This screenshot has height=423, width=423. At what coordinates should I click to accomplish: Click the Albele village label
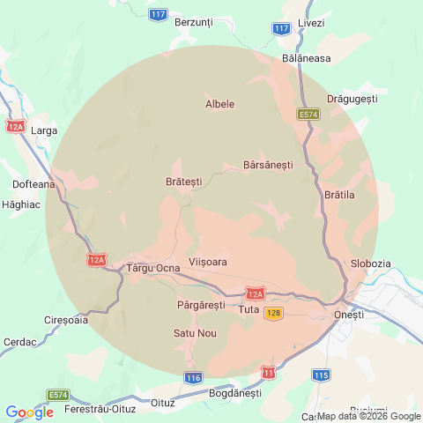(x=219, y=104)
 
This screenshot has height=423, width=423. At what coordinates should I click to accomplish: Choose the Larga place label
(x=44, y=130)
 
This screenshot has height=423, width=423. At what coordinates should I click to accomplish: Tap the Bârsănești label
(x=268, y=165)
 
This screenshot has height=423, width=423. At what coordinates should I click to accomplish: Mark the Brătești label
(x=183, y=181)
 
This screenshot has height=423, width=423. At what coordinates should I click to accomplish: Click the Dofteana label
(x=34, y=184)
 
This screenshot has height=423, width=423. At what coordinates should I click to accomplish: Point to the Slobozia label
(x=370, y=263)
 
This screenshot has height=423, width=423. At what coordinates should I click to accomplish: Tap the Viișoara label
(x=208, y=263)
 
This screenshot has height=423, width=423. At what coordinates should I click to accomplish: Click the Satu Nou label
(x=195, y=333)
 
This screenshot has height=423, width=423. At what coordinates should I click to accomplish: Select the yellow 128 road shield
(x=273, y=314)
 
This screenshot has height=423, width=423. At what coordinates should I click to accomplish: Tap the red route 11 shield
(x=268, y=373)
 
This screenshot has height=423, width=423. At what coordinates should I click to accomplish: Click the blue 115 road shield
(x=321, y=375)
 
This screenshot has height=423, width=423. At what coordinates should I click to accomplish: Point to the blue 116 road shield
(x=194, y=377)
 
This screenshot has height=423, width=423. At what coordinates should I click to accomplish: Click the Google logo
(x=29, y=412)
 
